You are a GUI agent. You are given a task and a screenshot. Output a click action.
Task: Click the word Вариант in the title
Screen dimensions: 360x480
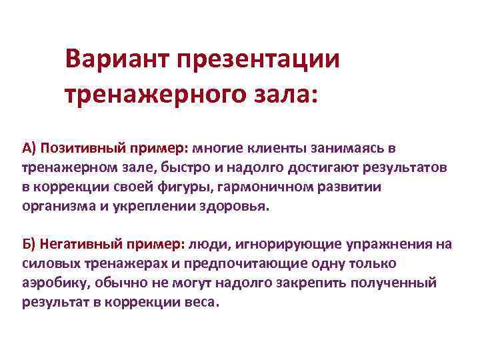click(117, 60)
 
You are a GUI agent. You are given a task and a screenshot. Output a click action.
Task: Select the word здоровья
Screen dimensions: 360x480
click(237, 206)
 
